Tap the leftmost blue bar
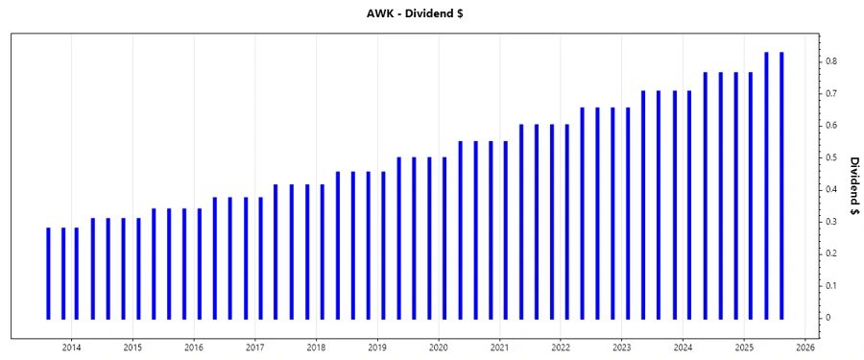(x=48, y=273)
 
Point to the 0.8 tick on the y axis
(x=831, y=61)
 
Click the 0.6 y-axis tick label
(x=831, y=126)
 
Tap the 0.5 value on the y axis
(x=831, y=157)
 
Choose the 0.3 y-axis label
(x=831, y=222)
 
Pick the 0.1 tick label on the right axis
(x=831, y=286)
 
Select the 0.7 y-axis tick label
(x=831, y=94)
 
